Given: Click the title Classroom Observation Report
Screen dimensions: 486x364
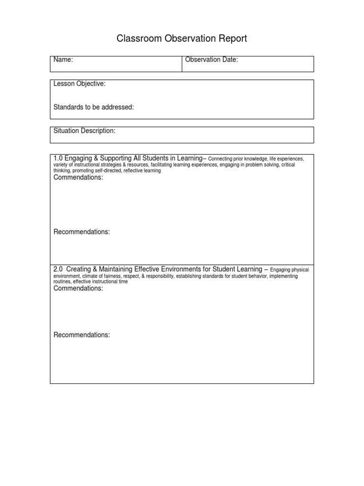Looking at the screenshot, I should point(182,39).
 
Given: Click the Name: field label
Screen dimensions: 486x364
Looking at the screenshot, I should point(63,60).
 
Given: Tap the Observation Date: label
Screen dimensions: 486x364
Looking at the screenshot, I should point(211,60).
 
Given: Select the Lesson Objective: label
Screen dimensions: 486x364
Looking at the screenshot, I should point(79,84).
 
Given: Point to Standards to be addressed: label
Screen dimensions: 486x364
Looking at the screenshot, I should point(93,107).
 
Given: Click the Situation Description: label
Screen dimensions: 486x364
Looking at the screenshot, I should point(84,131).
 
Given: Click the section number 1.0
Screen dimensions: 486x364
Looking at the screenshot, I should point(58,158).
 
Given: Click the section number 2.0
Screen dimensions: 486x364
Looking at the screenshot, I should point(58,269).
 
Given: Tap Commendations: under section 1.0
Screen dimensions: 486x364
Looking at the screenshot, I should point(78,178).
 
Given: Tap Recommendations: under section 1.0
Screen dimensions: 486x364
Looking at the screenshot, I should point(82,232).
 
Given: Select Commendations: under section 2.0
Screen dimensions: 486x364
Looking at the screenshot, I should point(78,289).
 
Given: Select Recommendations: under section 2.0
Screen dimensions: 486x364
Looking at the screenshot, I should point(82,335).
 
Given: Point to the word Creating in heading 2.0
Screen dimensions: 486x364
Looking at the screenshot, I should point(79,269).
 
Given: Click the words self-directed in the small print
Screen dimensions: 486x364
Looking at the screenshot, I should point(109,171).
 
